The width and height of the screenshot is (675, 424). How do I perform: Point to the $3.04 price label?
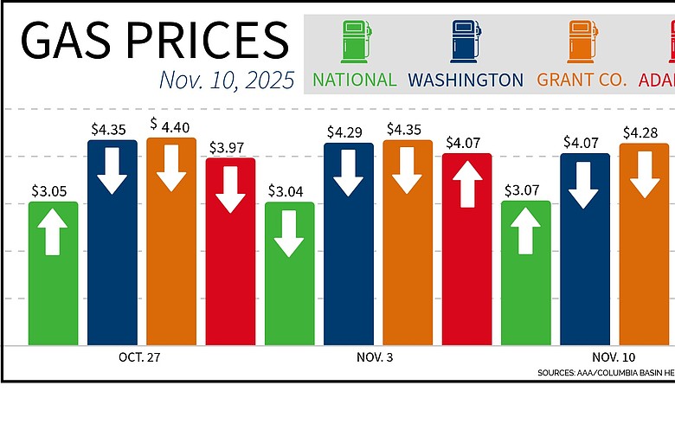click(289, 191)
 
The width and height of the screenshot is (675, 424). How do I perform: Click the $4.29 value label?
click(348, 132)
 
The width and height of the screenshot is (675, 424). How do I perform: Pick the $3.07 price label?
click(525, 190)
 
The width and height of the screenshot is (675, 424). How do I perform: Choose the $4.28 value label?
click(644, 132)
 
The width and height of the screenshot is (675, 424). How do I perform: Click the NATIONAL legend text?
click(354, 80)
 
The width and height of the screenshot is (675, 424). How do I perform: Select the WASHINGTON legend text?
click(466, 80)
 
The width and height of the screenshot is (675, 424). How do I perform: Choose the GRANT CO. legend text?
click(581, 80)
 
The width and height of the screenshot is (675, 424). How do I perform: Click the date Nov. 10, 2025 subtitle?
click(227, 80)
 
